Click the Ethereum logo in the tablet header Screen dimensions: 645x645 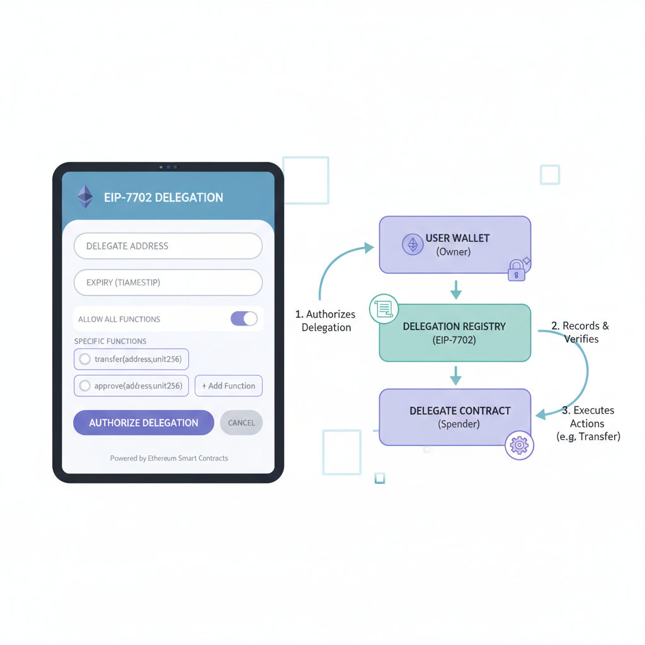[x=84, y=197]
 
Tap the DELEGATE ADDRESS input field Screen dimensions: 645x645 [x=168, y=246]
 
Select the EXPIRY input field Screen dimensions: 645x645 [x=168, y=283]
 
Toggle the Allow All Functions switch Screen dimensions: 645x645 [x=244, y=319]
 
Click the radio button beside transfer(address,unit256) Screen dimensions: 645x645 [x=84, y=360]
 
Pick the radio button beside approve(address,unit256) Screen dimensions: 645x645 [x=84, y=386]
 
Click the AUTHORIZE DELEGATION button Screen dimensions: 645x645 [x=144, y=423]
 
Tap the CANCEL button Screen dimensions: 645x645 [x=241, y=423]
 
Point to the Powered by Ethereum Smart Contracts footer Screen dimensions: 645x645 [x=169, y=459]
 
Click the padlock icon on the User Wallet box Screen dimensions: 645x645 [x=517, y=270]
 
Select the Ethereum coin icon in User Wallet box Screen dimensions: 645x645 [x=413, y=244]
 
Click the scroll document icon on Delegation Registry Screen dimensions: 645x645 [x=384, y=309]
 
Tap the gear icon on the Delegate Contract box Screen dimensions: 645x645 [x=519, y=445]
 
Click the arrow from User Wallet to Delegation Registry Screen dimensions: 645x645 [x=456, y=290]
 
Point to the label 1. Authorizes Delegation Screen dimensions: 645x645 [x=326, y=321]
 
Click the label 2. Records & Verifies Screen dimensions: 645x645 [x=580, y=332]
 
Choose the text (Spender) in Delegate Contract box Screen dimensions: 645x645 [x=459, y=425]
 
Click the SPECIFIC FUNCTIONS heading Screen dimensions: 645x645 [x=110, y=341]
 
